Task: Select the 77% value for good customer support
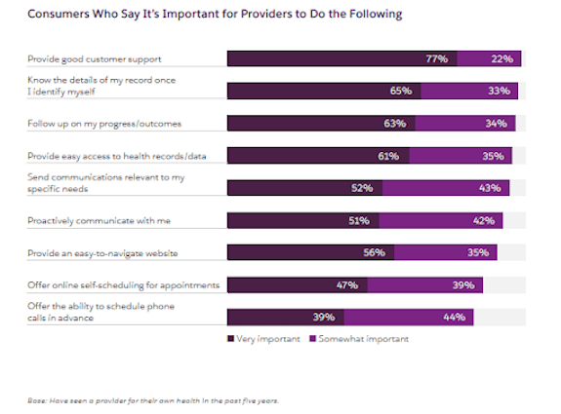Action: [436, 59]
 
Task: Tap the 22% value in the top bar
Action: [503, 59]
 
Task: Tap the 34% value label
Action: [495, 124]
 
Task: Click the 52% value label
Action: [362, 188]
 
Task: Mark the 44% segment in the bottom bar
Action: [427, 317]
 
